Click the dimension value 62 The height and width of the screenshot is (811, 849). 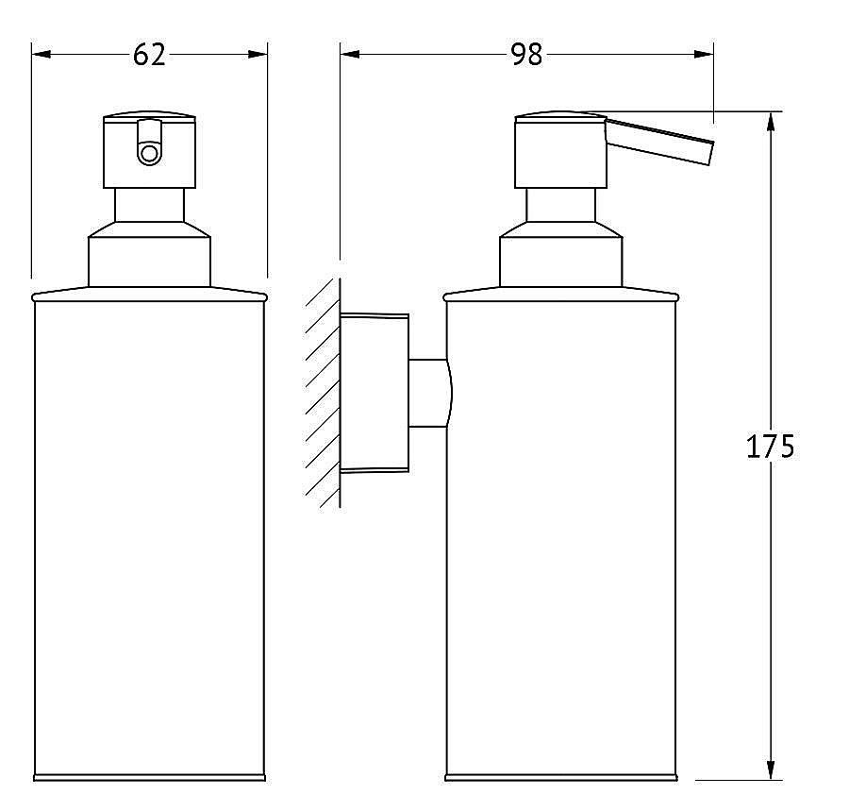pyautogui.click(x=149, y=55)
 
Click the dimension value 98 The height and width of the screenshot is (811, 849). pyautogui.click(x=526, y=55)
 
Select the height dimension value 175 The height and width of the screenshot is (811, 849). pyautogui.click(x=770, y=447)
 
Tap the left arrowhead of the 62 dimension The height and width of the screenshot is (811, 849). pyautogui.click(x=42, y=54)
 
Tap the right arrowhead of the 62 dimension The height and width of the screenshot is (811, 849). pyautogui.click(x=258, y=54)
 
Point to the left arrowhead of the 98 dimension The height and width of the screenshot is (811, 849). pyautogui.click(x=350, y=54)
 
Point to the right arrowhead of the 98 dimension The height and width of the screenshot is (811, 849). pyautogui.click(x=704, y=54)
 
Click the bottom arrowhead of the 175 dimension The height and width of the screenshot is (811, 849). pyautogui.click(x=771, y=769)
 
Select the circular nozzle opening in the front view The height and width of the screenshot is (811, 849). pyautogui.click(x=148, y=153)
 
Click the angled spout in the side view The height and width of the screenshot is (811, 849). pyautogui.click(x=658, y=140)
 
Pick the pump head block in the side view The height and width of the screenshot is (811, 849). pyautogui.click(x=560, y=151)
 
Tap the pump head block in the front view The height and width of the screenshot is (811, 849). pyautogui.click(x=149, y=151)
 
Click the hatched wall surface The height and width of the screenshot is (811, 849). pyautogui.click(x=323, y=394)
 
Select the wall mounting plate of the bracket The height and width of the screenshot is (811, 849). pyautogui.click(x=375, y=393)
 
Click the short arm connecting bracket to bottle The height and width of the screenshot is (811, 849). pyautogui.click(x=429, y=393)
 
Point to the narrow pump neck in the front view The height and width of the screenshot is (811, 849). pyautogui.click(x=149, y=205)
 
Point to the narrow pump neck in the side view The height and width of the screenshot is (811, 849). pyautogui.click(x=561, y=205)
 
